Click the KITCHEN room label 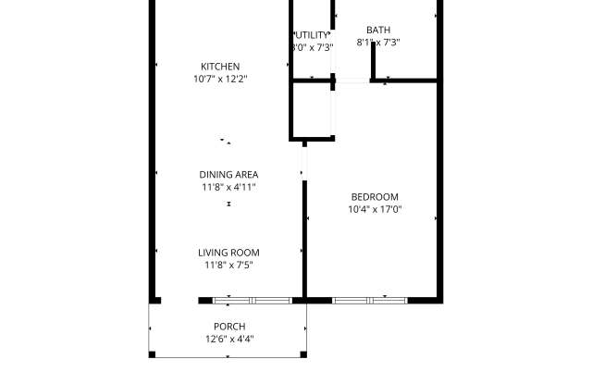pos(220,66)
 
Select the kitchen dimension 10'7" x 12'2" pos(220,80)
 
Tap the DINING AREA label pos(228,174)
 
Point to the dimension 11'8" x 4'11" pos(228,187)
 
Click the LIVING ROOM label pos(228,253)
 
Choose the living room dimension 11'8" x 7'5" pos(228,266)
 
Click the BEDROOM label pos(374,196)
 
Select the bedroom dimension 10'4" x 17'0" pos(374,210)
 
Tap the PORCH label pos(228,326)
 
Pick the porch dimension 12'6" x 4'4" pos(228,339)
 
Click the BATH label pos(377,30)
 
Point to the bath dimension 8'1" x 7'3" pos(377,43)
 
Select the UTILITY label pos(312,34)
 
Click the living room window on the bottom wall pos(253,300)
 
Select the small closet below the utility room pos(312,110)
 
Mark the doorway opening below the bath pos(352,81)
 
